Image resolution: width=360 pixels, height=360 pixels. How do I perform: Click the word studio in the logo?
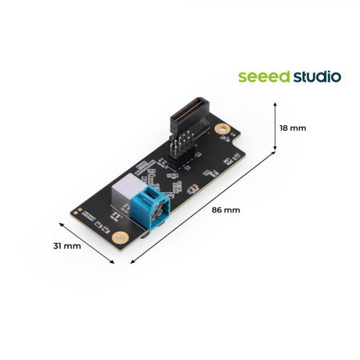point(317,77)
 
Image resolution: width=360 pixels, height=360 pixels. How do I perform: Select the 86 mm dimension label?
point(226,210)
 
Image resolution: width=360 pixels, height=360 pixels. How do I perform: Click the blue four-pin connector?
point(154,209)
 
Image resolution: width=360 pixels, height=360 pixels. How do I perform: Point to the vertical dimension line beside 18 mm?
point(275,126)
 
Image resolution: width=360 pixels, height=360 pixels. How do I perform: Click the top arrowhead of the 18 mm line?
point(275,103)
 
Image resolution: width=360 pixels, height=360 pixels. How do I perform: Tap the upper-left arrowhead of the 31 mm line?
point(61,223)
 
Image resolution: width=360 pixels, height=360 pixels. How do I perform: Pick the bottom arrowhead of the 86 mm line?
point(131,262)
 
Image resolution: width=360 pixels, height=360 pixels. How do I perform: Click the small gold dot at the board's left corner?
point(76,210)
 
